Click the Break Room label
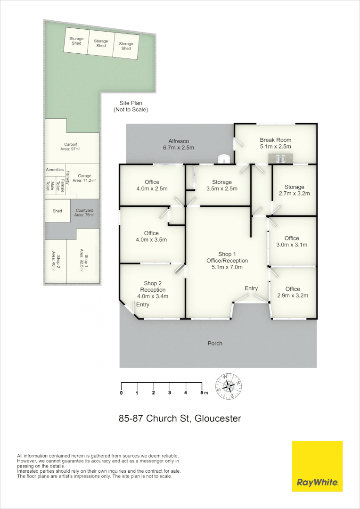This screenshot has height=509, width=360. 276,140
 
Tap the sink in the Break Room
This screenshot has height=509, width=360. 280,158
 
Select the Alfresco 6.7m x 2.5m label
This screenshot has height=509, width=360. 179,144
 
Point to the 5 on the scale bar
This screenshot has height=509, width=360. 202,392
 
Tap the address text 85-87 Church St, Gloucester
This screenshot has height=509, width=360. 180,418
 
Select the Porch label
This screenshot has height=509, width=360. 215,343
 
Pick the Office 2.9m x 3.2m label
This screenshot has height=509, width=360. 292,292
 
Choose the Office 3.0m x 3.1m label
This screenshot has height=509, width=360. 292,241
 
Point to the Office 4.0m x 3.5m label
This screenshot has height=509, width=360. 151,236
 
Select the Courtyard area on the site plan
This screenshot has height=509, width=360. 84,212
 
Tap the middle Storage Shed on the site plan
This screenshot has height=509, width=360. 101,43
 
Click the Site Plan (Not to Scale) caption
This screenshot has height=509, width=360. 131,106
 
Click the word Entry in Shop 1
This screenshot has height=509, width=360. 251,288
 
